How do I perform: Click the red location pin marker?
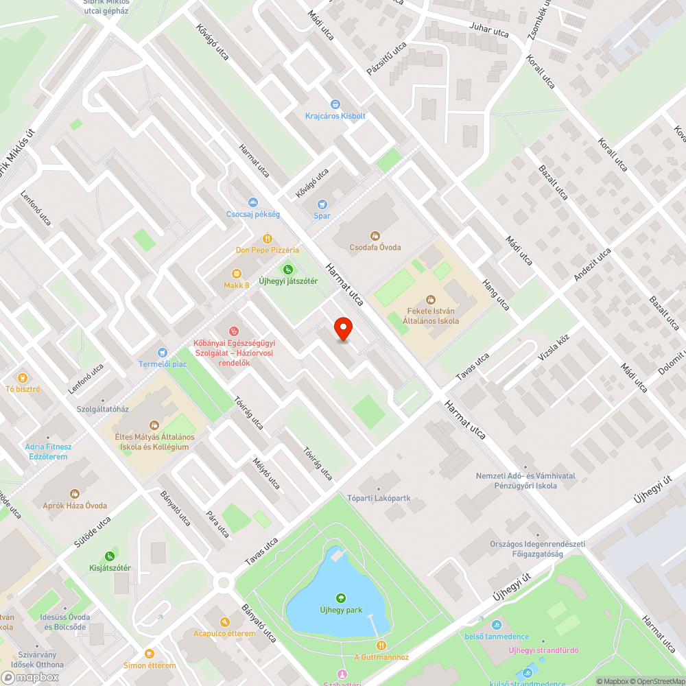[343, 329]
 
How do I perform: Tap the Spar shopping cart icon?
[322, 204]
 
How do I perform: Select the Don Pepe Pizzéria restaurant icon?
[267, 239]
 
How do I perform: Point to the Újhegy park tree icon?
[341, 598]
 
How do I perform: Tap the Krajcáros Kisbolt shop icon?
[335, 104]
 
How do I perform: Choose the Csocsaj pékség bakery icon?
[253, 202]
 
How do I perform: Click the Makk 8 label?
[236, 285]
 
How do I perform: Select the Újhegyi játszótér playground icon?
[288, 270]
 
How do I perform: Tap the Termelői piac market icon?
[162, 352]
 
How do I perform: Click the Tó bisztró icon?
[22, 377]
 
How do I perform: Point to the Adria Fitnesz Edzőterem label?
[48, 451]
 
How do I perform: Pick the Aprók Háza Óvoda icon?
[75, 494]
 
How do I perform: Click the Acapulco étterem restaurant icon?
[224, 622]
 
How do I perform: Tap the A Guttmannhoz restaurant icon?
[381, 646]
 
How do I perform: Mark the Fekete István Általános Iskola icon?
[431, 299]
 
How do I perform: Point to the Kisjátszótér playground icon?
[109, 556]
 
